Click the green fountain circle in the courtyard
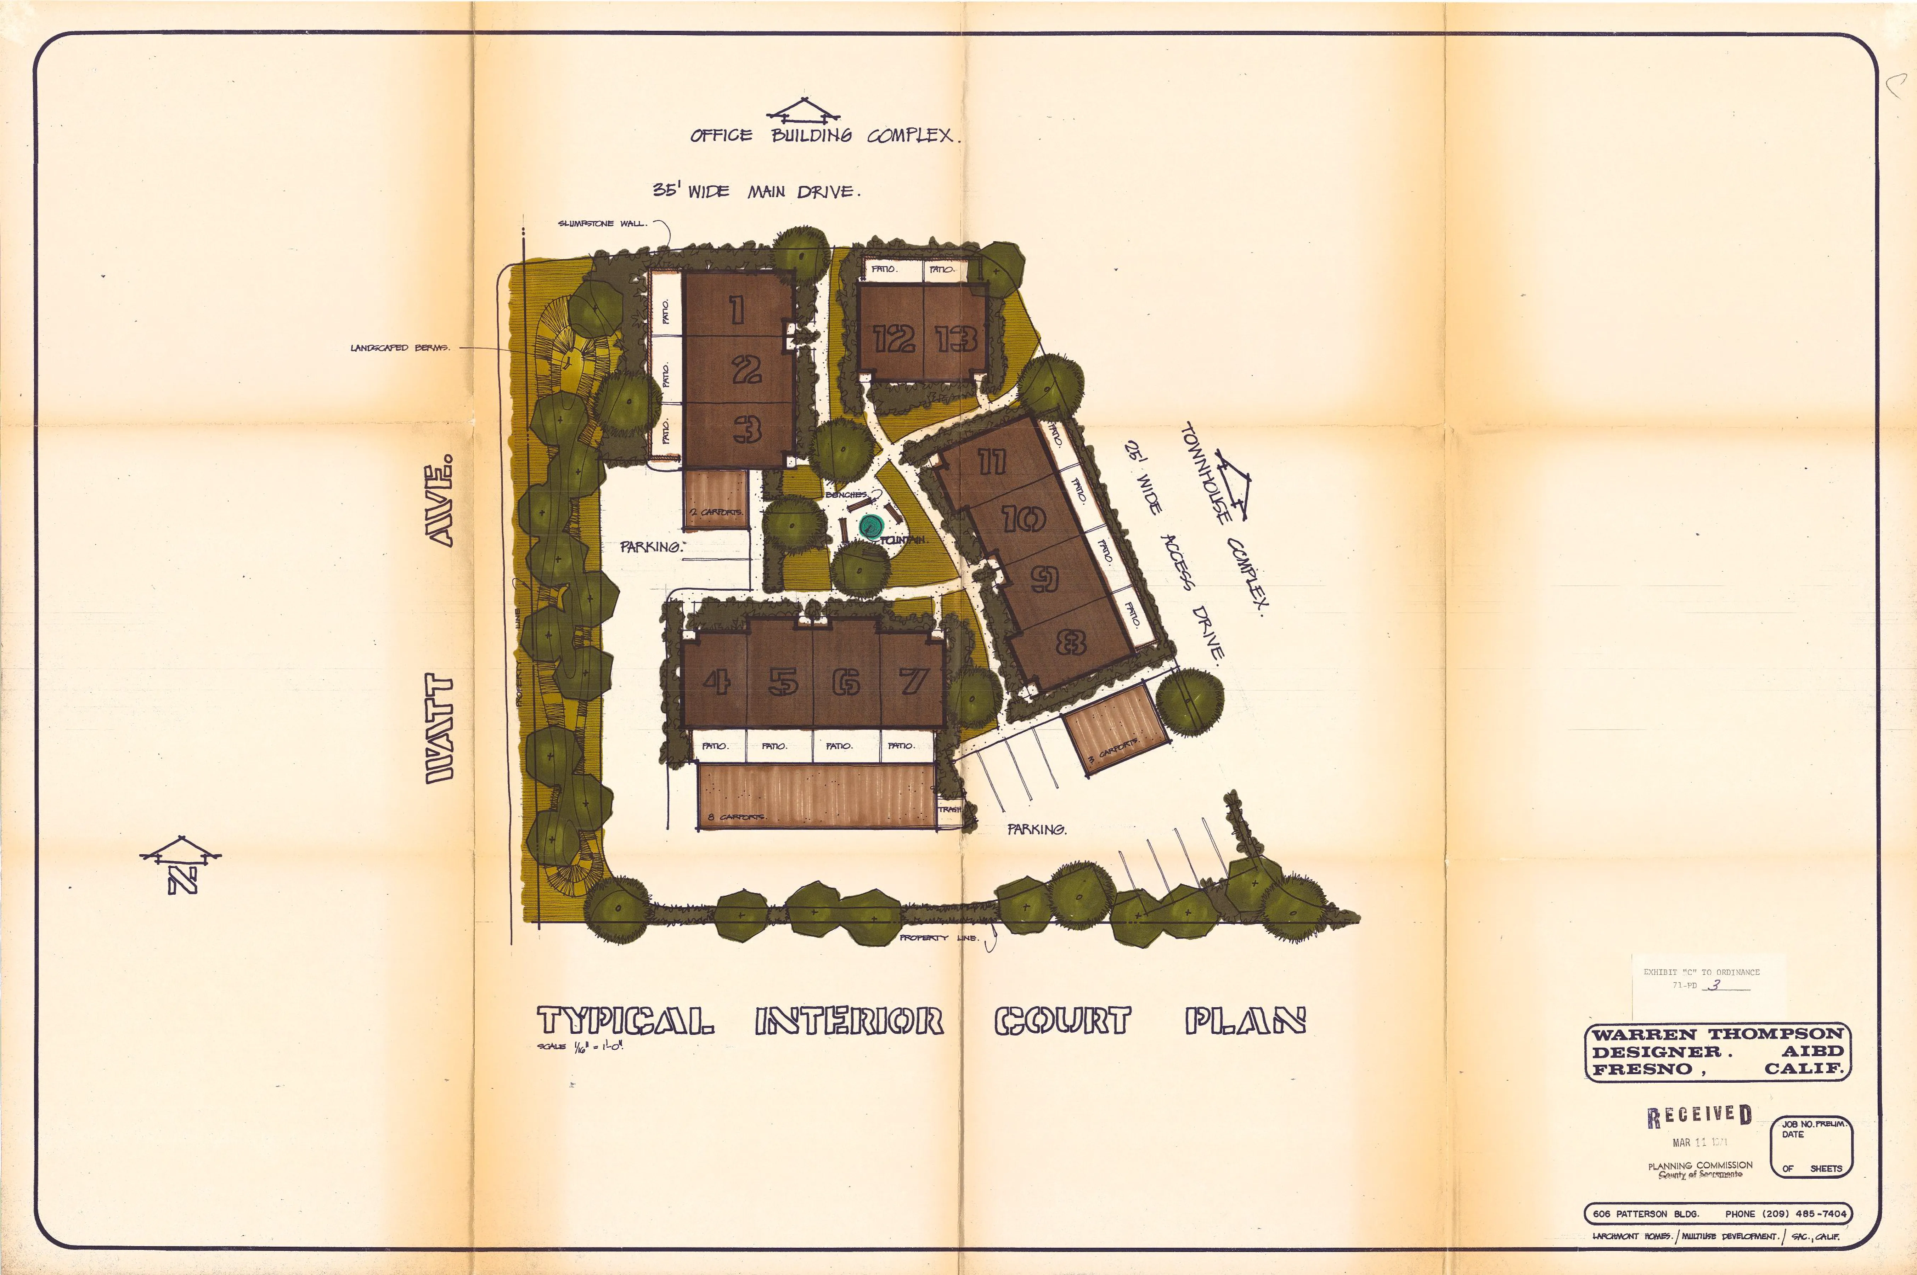(x=870, y=527)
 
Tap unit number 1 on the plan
(x=737, y=309)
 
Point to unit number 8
(x=1070, y=643)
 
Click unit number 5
(x=782, y=681)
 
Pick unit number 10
(x=1023, y=518)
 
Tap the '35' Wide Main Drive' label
(x=756, y=191)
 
